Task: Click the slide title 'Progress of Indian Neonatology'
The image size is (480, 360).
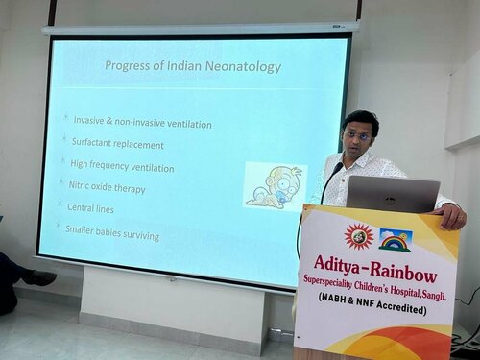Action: [193, 67]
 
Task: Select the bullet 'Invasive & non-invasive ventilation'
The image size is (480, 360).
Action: [142, 123]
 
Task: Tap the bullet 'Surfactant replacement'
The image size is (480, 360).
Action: [118, 145]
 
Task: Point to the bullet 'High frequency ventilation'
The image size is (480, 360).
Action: [122, 167]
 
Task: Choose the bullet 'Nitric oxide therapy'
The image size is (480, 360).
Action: [107, 188]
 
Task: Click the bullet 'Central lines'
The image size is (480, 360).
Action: [93, 207]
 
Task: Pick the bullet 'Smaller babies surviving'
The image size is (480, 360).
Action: [111, 233]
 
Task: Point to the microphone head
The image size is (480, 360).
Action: [337, 169]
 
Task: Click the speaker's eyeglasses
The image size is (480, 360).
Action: [356, 136]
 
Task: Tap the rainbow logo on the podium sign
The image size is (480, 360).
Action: [395, 239]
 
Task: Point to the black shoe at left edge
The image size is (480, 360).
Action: [38, 277]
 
